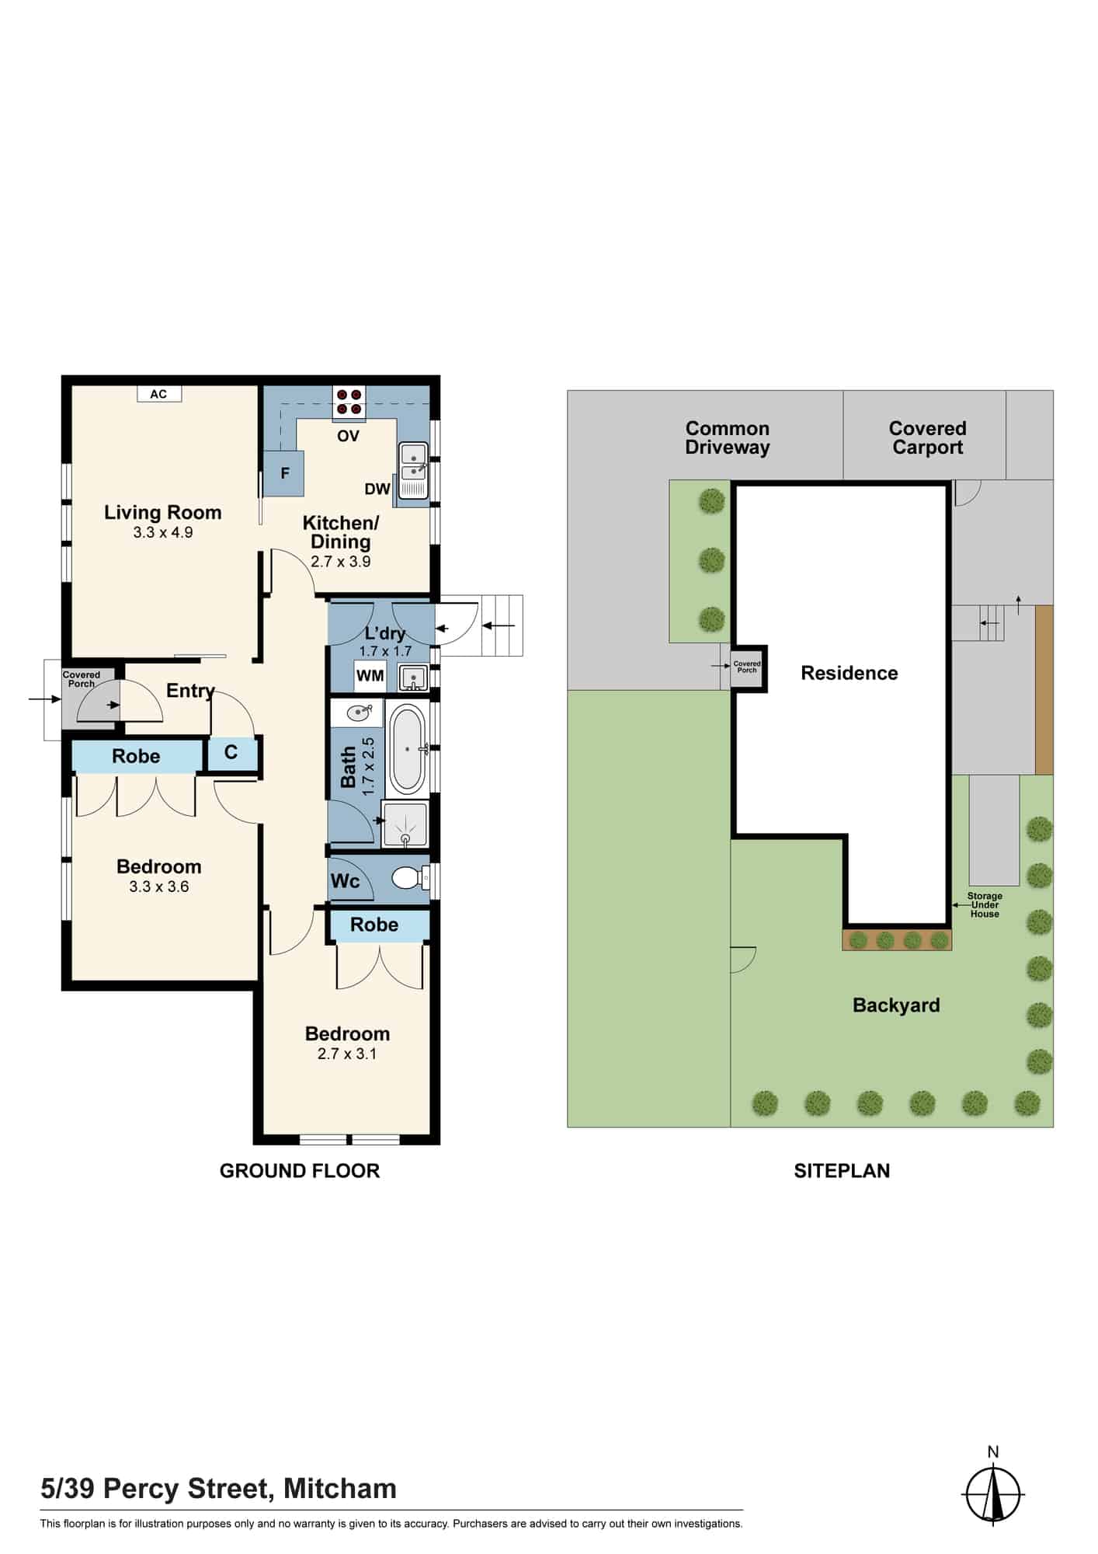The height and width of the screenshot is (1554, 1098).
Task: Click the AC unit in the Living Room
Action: (x=158, y=394)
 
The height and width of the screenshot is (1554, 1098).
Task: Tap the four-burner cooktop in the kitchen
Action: (x=349, y=401)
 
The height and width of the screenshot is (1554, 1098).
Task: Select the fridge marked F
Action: (x=284, y=473)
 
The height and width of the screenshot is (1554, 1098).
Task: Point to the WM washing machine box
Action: (x=370, y=675)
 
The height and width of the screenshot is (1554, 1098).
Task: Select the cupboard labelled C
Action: (x=231, y=753)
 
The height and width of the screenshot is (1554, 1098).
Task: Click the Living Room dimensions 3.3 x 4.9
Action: (x=163, y=532)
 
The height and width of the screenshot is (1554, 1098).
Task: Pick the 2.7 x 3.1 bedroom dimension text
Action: (x=347, y=1054)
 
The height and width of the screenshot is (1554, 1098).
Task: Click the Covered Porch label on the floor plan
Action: (x=82, y=679)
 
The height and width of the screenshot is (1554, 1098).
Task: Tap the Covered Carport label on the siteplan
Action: (x=928, y=437)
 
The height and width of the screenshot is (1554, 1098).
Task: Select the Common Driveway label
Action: (x=728, y=437)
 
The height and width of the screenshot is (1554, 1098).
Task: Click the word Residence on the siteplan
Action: (x=850, y=673)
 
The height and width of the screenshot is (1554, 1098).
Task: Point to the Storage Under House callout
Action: (x=985, y=905)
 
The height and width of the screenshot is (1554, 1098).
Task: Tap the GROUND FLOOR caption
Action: (x=300, y=1171)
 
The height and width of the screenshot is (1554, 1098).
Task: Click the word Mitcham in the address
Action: (x=340, y=1489)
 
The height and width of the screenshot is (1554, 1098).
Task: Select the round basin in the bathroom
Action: (x=359, y=712)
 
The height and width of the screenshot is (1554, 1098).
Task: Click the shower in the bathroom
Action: (x=405, y=823)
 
